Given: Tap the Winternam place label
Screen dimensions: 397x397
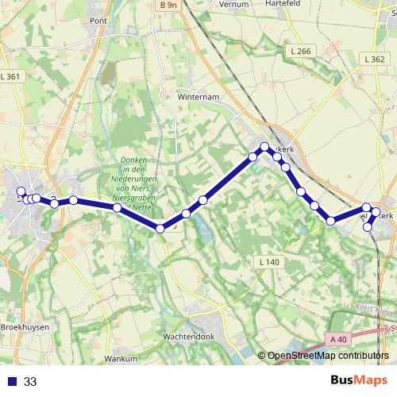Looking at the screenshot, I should pos(198,98).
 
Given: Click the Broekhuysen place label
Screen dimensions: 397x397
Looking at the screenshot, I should pos(25,326).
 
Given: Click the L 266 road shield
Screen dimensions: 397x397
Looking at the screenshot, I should pos(300,51).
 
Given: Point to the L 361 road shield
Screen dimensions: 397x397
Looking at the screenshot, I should pos(10,76).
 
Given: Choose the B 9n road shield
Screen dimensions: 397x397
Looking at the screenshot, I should pos(168,5).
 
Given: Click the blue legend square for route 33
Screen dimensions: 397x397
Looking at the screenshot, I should pos(11,382).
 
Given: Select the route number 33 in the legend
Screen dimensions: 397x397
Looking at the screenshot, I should pos(30,382).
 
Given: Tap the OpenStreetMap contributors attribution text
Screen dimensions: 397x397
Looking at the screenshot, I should pos(326,357).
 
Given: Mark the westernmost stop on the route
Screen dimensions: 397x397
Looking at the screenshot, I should pos(21,191).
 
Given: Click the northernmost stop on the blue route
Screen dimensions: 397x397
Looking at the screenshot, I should pos(265,146).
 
